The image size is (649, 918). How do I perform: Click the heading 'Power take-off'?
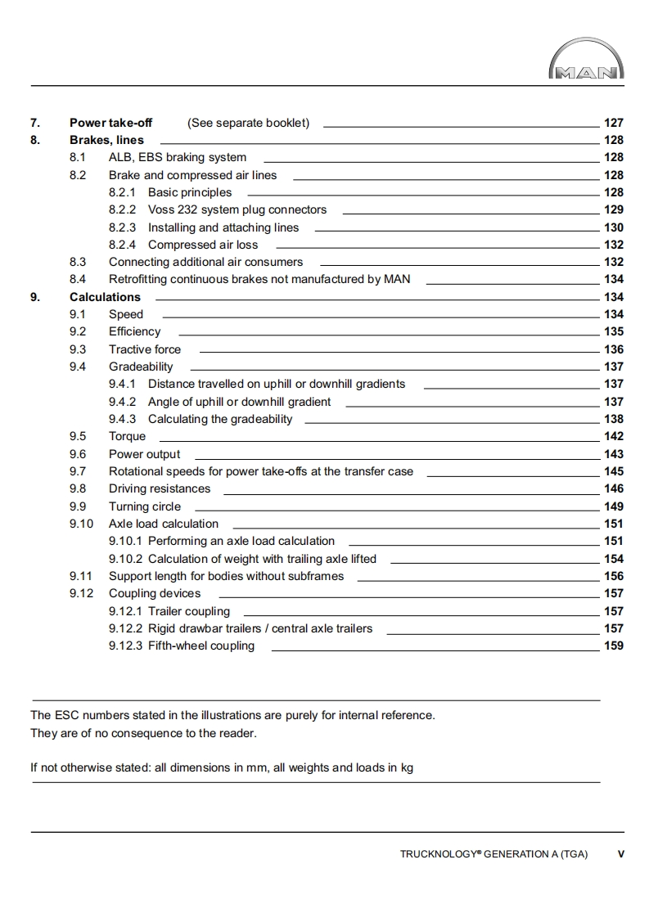(x=110, y=123)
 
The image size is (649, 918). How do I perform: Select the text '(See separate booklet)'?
(x=248, y=123)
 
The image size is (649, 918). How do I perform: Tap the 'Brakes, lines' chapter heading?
(x=106, y=140)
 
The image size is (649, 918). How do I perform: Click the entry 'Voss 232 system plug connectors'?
(x=237, y=209)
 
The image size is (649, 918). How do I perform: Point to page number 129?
(x=613, y=209)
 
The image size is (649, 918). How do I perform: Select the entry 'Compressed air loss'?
(x=202, y=245)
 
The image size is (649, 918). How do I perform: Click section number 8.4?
(x=78, y=279)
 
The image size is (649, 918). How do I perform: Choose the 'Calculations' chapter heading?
(x=105, y=297)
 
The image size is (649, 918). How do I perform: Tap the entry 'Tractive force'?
(x=145, y=349)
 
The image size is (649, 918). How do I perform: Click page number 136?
(x=613, y=349)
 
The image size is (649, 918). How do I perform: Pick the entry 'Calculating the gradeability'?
(x=219, y=419)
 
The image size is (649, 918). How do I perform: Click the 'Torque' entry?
(x=127, y=436)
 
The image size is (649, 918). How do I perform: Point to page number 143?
(x=613, y=454)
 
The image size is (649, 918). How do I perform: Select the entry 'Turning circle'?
(x=145, y=506)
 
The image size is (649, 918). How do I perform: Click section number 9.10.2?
(x=125, y=559)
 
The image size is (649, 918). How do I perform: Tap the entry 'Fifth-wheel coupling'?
(x=201, y=646)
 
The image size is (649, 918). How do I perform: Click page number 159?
(x=613, y=646)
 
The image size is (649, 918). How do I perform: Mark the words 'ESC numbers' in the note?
(x=88, y=715)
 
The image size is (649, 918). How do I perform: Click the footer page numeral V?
(x=620, y=854)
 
